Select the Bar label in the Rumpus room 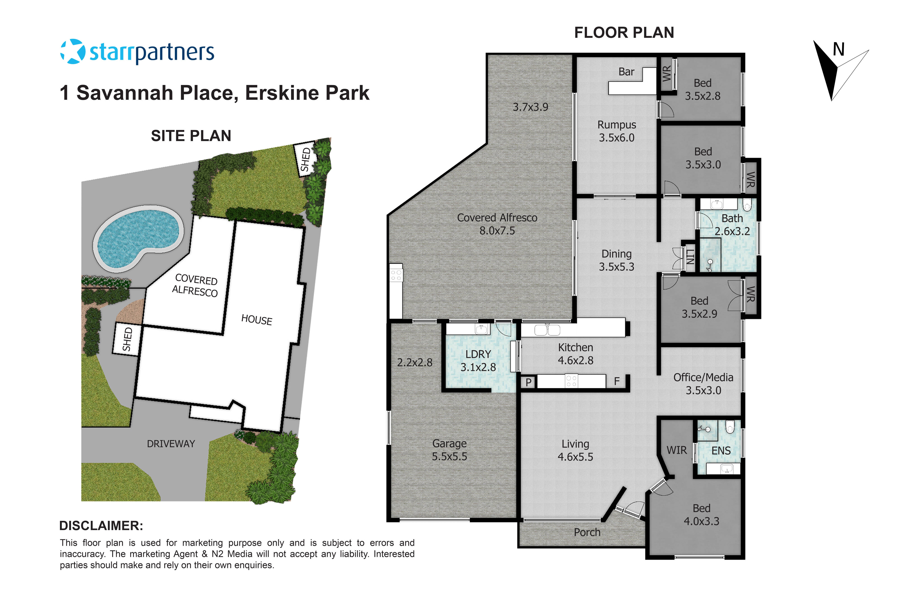(626, 72)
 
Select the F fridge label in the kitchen (617, 381)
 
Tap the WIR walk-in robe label (677, 450)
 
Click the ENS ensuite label (721, 451)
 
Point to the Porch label (587, 532)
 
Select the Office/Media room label (703, 377)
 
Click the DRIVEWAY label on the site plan (171, 444)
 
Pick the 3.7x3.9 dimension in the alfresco (530, 107)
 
